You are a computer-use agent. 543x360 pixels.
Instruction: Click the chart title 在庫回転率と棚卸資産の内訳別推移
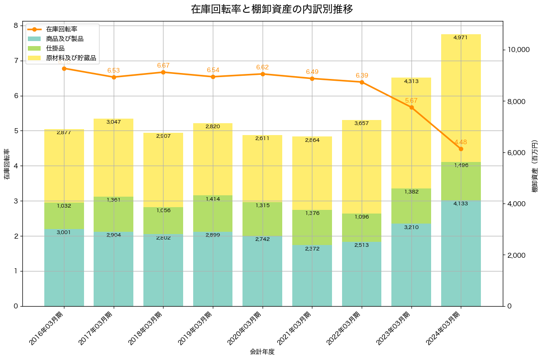click(x=271, y=9)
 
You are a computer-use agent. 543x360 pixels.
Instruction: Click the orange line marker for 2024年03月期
click(x=461, y=149)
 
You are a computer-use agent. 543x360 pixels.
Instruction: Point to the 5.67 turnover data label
click(x=411, y=100)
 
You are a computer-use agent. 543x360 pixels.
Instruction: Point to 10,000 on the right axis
click(x=519, y=50)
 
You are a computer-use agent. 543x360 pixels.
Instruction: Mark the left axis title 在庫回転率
click(x=6, y=164)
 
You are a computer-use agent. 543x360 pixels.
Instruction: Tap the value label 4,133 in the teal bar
click(x=461, y=203)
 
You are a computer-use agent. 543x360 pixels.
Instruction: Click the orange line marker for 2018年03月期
click(x=163, y=72)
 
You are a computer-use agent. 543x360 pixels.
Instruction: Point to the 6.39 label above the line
click(x=361, y=75)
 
